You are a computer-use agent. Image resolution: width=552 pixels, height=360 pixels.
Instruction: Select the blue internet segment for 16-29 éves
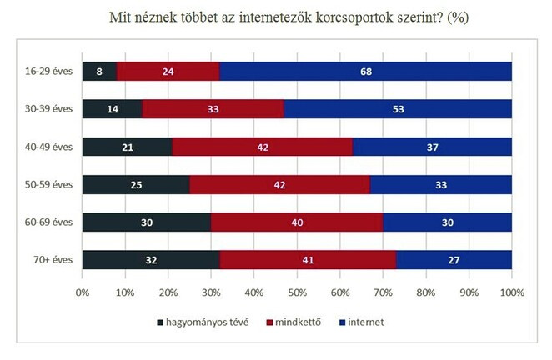[365, 72]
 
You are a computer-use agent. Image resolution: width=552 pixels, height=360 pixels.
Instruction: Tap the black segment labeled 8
[99, 72]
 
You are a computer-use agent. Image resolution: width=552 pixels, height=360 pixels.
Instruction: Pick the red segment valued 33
[213, 109]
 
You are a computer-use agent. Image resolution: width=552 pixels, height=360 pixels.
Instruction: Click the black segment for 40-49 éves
[127, 147]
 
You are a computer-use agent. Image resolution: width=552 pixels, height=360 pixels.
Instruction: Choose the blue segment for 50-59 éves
[440, 185]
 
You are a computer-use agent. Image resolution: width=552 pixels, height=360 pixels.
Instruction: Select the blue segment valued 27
[454, 260]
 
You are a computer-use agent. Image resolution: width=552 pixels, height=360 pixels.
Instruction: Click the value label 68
[365, 72]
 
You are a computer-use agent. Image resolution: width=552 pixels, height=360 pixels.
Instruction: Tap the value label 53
[398, 109]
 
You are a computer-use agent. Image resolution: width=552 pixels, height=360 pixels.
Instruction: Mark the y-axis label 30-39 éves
[49, 109]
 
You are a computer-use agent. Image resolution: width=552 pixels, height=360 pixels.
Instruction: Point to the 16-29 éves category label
[49, 72]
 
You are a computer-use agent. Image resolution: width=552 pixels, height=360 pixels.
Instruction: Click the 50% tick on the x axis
[297, 293]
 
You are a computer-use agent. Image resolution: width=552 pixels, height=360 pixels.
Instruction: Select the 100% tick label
[511, 293]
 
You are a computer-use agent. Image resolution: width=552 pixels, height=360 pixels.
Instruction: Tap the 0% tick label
[83, 293]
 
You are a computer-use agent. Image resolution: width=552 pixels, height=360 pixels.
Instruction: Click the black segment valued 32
[151, 260]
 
